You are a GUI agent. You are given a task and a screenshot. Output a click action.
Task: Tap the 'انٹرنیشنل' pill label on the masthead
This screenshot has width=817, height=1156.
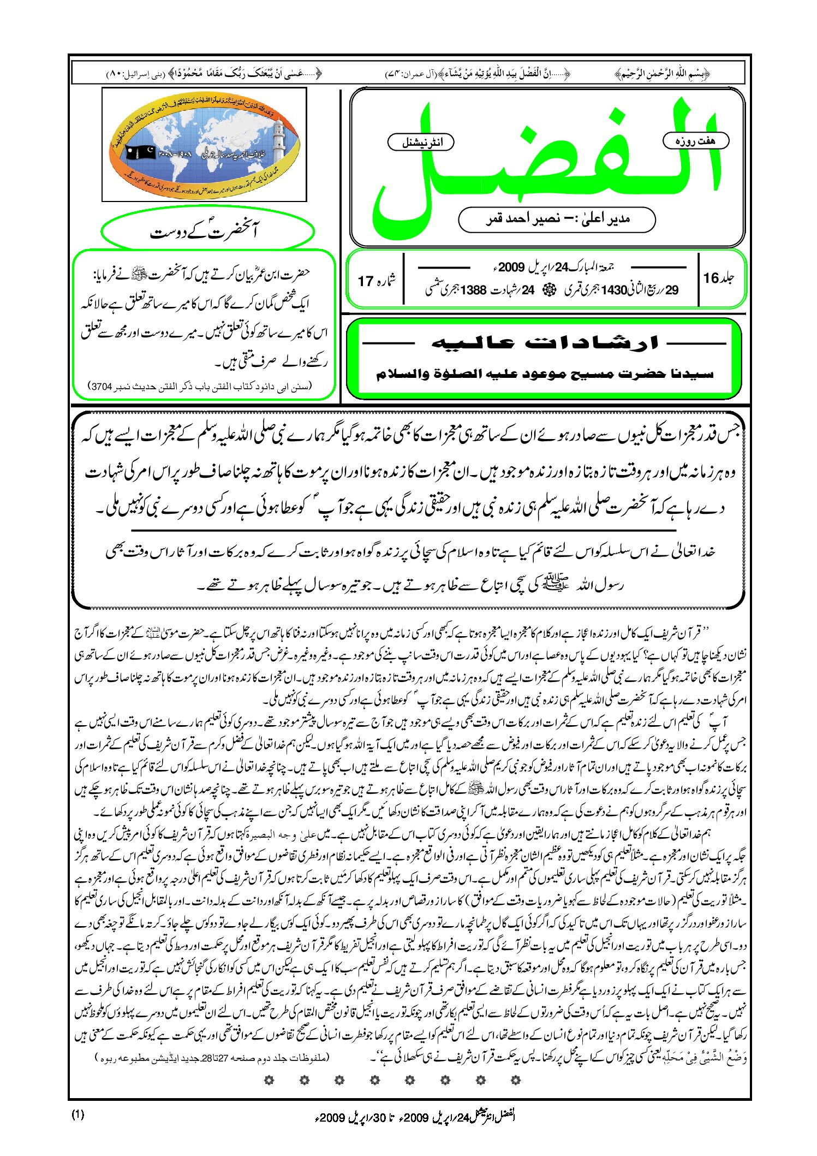pos(421,143)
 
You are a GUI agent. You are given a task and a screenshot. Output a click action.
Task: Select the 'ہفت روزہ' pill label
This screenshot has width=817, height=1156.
pos(695,141)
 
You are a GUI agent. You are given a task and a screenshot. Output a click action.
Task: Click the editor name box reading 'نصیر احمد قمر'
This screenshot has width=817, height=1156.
pos(557,220)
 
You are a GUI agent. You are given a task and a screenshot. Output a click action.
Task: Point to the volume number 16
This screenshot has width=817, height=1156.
pos(711,278)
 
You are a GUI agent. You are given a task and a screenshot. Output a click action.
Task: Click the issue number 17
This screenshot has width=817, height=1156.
pos(366,281)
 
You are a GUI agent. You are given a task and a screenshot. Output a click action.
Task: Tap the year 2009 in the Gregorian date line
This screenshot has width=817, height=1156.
pos(511,267)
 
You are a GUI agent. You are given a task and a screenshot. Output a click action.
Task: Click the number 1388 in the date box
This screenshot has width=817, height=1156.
pos(473,291)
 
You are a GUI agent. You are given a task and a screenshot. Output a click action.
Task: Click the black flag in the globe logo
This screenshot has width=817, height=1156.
pos(141,153)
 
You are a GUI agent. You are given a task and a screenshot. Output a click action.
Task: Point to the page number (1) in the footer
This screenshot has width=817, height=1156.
pos(77,1114)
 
